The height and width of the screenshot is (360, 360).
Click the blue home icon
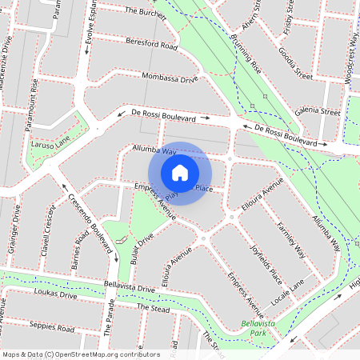click(x=180, y=173)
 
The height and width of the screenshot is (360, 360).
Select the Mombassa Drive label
click(x=169, y=78)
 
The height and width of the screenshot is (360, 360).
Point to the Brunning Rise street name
click(x=245, y=54)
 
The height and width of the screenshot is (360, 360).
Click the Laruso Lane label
click(x=50, y=146)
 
